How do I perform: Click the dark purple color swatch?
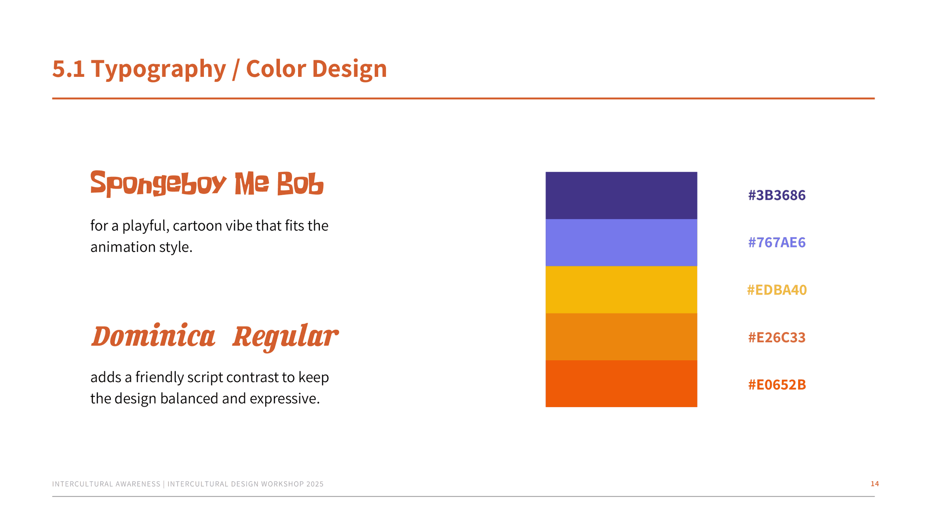(621, 195)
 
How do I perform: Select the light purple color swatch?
(621, 243)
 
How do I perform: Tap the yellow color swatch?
(621, 290)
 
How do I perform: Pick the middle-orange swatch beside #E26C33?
(621, 337)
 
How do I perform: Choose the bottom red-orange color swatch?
(621, 384)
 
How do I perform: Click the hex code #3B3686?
(777, 195)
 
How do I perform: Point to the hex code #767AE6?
(777, 243)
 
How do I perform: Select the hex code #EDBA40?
(777, 290)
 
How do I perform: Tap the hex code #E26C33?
(777, 337)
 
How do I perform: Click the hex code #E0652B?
(777, 384)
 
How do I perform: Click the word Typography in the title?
(159, 70)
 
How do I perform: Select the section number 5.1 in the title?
(69, 69)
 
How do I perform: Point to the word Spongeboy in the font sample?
(158, 183)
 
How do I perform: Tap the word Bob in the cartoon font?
(300, 183)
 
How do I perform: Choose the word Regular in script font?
(286, 337)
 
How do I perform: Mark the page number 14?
(875, 483)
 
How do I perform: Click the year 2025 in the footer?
(315, 484)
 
